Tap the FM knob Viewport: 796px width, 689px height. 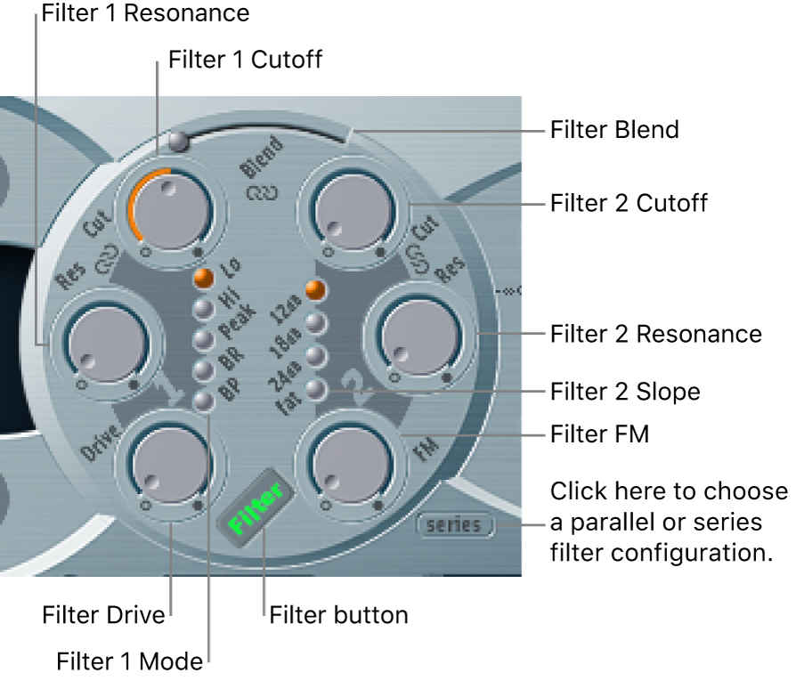tap(350, 465)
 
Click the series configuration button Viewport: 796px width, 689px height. tap(453, 525)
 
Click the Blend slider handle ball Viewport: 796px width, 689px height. tap(177, 139)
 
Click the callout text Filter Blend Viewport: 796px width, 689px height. tap(614, 130)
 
